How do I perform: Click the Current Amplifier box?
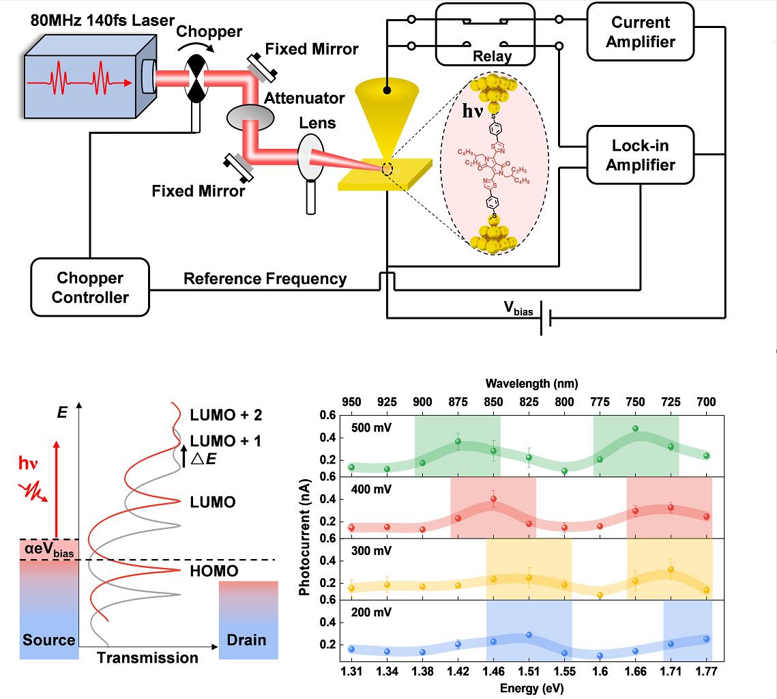tap(640, 31)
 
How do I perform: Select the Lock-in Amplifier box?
tap(640, 155)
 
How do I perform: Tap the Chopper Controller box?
tap(90, 287)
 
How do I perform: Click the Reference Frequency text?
tap(265, 279)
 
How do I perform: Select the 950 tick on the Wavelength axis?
tap(351, 400)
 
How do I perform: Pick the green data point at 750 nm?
tap(635, 429)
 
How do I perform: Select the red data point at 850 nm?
tap(493, 499)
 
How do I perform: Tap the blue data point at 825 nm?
tap(529, 635)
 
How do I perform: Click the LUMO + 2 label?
tap(226, 414)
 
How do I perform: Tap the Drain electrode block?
tap(249, 620)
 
